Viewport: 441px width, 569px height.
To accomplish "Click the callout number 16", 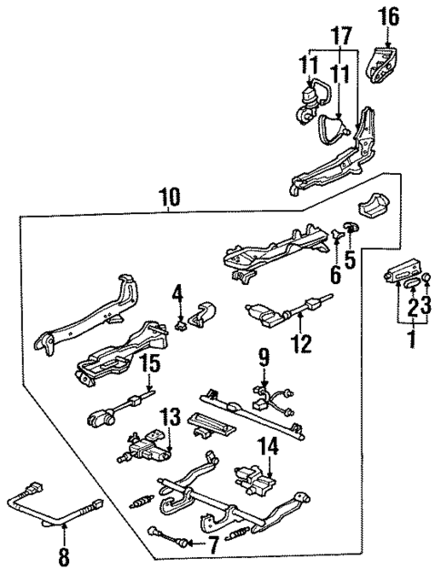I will click(x=388, y=15).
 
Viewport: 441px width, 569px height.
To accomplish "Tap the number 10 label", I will click(x=168, y=196).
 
